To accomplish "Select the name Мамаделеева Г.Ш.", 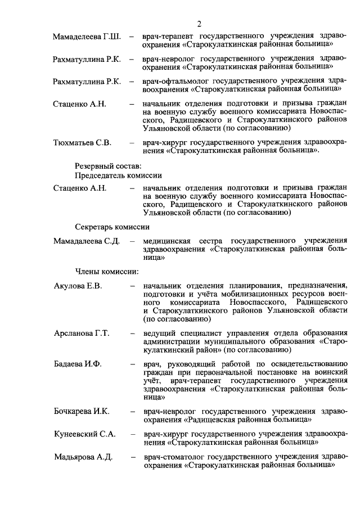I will (87, 37).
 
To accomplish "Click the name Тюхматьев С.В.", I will (82, 142).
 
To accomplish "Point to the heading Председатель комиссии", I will (118, 175).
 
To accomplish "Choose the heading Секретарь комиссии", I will (112, 227).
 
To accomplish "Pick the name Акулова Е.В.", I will (78, 287).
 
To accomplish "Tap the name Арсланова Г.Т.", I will (82, 334).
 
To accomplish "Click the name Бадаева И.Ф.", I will (78, 364).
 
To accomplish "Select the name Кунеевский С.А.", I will (84, 435).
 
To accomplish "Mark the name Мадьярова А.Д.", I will (83, 457).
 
